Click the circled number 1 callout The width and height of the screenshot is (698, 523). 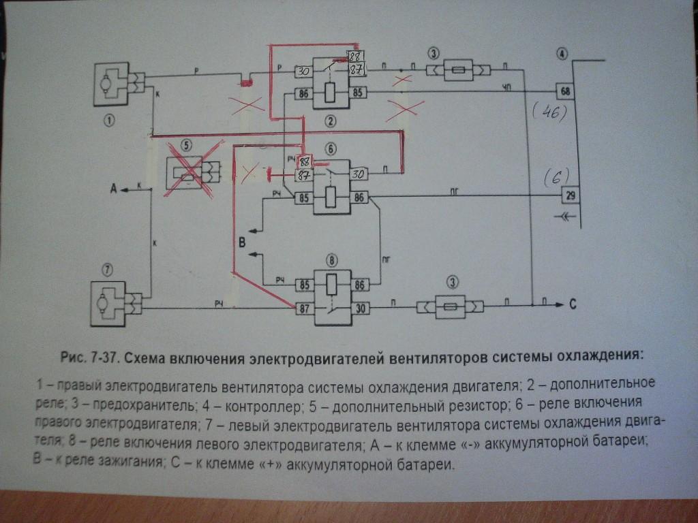click(x=109, y=121)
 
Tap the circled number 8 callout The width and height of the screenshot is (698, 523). click(x=332, y=259)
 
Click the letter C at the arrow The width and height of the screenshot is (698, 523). click(x=572, y=304)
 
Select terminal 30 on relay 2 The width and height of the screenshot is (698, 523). click(x=303, y=70)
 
